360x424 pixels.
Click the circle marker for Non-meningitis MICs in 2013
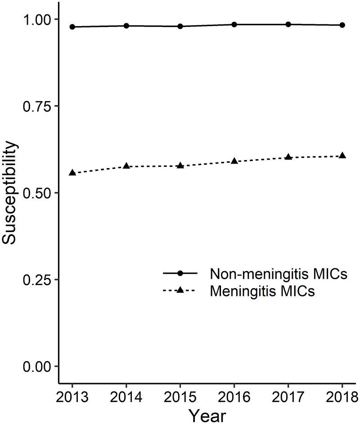tap(72, 27)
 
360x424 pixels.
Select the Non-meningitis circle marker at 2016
tap(234, 24)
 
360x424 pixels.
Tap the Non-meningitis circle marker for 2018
tap(342, 25)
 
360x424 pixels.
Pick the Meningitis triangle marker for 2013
tap(72, 173)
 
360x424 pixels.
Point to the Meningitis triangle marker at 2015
tap(180, 165)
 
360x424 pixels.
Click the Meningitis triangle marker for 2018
tap(342, 156)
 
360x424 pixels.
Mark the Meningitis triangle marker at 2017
tap(288, 157)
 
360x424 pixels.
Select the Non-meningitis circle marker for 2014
tap(126, 26)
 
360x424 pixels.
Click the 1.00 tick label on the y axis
tap(38, 19)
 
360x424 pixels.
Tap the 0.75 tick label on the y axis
tap(38, 106)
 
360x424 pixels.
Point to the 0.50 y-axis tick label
tap(38, 193)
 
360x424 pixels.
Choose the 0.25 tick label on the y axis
tap(38, 280)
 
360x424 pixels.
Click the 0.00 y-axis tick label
tap(38, 366)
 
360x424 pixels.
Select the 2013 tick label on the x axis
tap(72, 397)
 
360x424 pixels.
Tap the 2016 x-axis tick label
tap(234, 397)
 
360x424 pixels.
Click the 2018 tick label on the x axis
tap(342, 397)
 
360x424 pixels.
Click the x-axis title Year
tap(207, 415)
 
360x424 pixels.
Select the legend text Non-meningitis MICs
tap(278, 274)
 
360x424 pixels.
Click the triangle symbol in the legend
tap(180, 290)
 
